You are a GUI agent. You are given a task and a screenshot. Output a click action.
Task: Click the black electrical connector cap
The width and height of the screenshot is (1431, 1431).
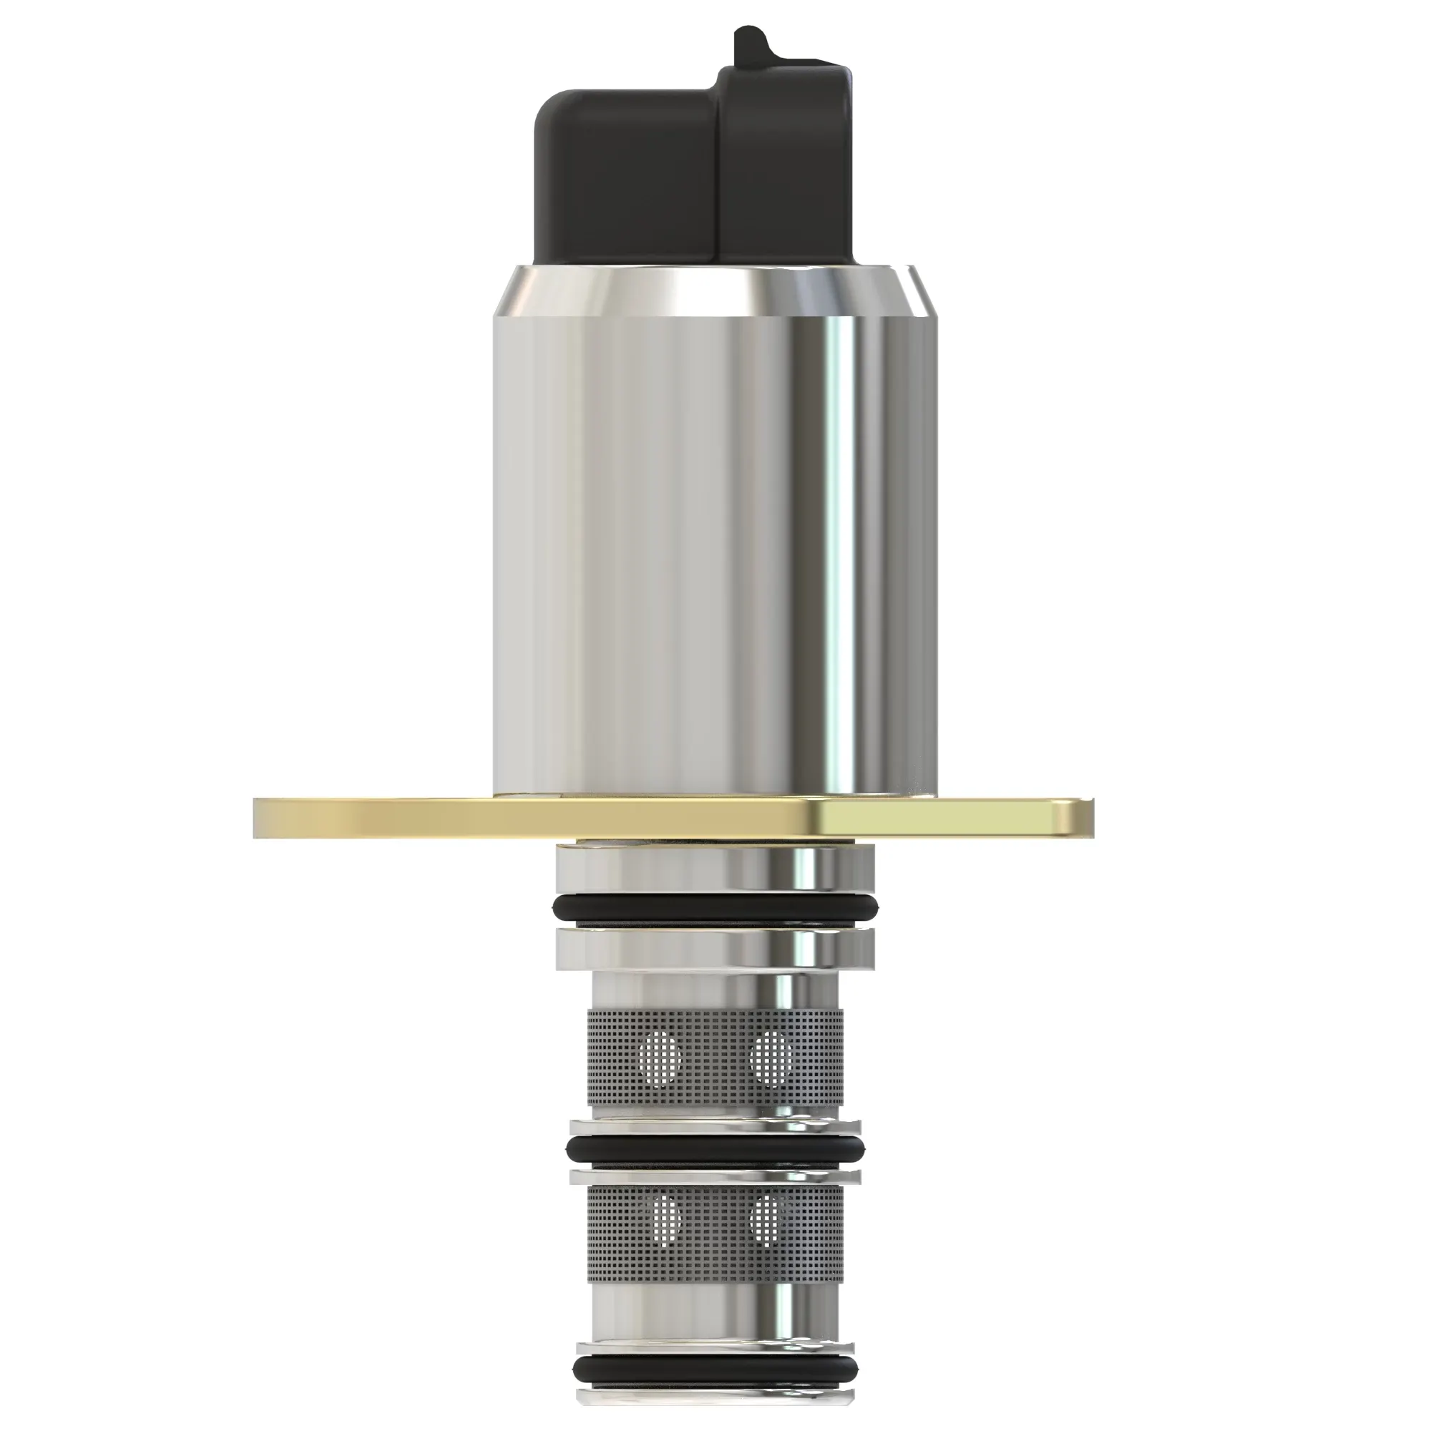[x=637, y=177]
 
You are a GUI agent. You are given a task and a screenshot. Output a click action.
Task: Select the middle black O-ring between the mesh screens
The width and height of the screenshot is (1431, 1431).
[x=715, y=1150]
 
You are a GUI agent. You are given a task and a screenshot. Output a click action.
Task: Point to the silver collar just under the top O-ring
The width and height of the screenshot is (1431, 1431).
[x=715, y=950]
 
